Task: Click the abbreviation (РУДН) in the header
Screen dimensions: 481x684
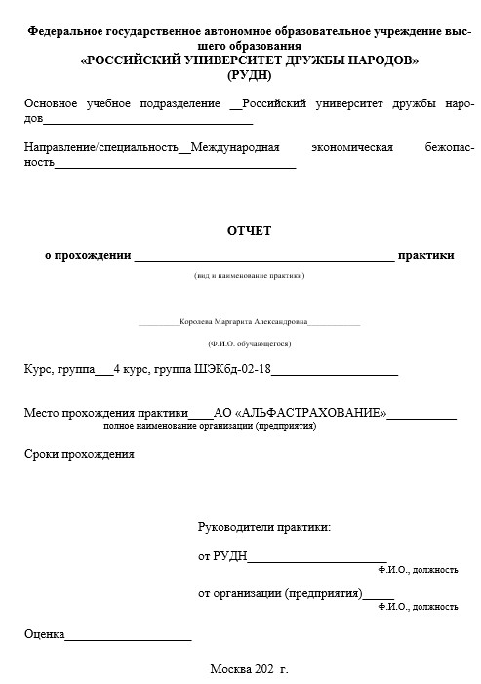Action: (x=249, y=74)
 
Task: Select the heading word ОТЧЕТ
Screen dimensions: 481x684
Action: (x=249, y=231)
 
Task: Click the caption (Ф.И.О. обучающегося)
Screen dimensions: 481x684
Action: (x=249, y=343)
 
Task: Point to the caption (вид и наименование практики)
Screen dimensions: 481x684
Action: (x=249, y=276)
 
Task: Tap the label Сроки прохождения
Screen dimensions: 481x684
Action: (x=79, y=454)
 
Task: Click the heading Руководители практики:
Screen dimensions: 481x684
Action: (x=263, y=528)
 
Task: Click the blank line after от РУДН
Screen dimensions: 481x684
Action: (x=317, y=557)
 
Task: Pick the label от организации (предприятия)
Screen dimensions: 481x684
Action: (x=280, y=592)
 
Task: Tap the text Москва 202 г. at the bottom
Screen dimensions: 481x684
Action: (x=249, y=670)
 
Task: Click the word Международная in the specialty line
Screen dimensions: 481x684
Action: (x=235, y=147)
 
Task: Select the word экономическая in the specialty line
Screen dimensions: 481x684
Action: (x=352, y=147)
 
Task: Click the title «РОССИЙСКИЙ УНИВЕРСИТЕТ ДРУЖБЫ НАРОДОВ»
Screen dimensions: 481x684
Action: (x=249, y=60)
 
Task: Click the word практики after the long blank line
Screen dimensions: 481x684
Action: (x=426, y=255)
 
